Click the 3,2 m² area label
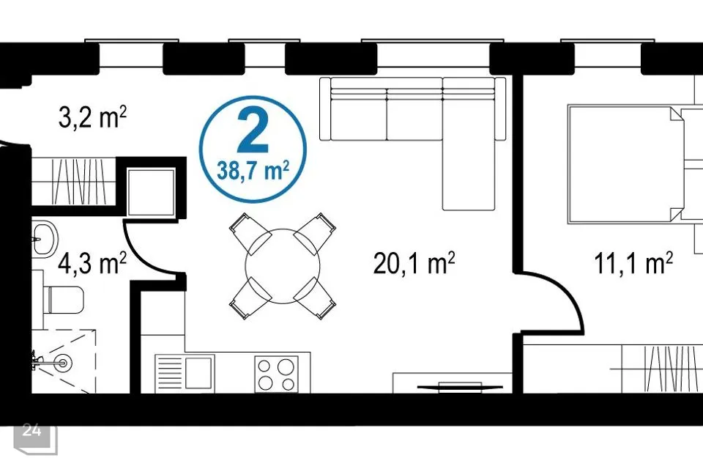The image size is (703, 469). (93, 117)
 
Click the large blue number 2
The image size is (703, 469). (253, 130)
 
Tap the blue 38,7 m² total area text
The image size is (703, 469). (253, 171)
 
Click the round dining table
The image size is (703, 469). (283, 266)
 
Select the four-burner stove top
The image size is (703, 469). (276, 374)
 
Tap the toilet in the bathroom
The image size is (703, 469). (64, 300)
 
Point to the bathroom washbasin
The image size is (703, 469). (45, 239)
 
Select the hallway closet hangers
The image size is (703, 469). (79, 182)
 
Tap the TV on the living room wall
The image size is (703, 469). (460, 386)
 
